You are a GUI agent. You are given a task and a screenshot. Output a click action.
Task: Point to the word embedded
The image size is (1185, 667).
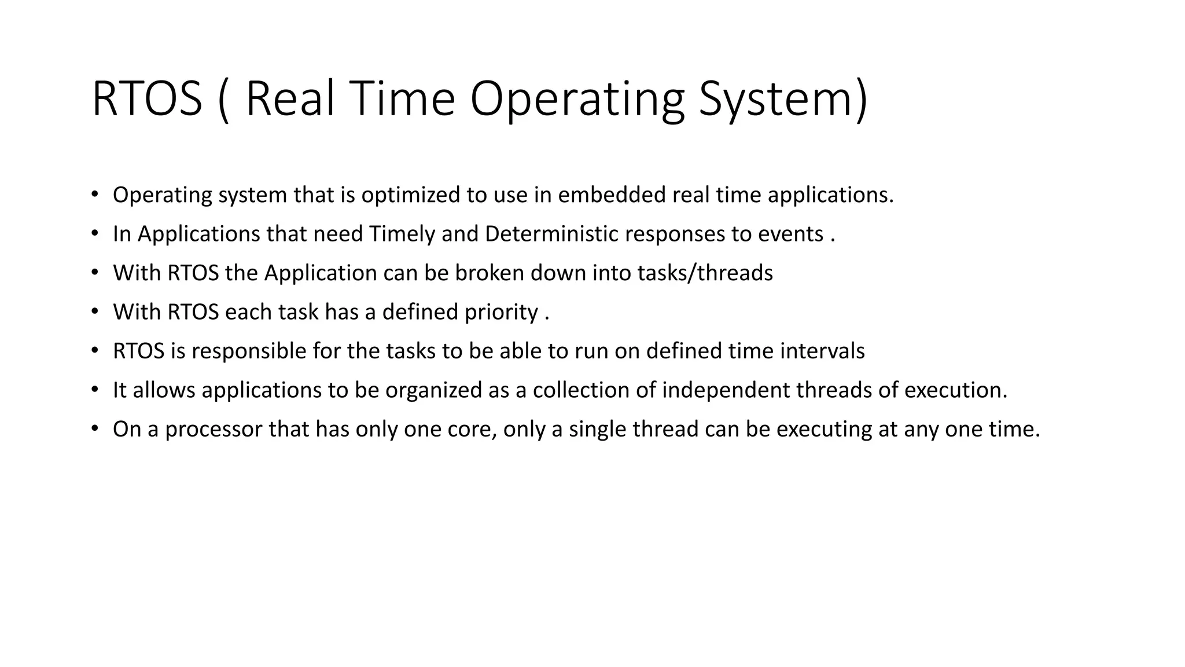click(x=612, y=195)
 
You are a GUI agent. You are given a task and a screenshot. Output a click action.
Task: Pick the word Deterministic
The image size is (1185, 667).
click(x=552, y=234)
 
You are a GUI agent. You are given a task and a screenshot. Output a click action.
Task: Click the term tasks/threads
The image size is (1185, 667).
click(x=705, y=273)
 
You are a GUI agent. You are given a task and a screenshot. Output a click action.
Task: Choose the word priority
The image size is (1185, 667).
click(x=502, y=312)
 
